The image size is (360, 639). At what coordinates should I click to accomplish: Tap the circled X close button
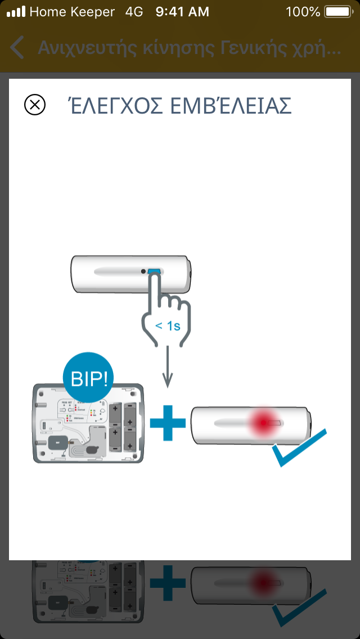[35, 105]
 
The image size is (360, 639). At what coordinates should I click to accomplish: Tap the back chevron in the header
[17, 48]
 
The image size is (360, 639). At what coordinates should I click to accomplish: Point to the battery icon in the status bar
[337, 11]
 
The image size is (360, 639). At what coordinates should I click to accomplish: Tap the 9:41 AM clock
[182, 11]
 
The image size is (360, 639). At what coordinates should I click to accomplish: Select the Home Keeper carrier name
[72, 11]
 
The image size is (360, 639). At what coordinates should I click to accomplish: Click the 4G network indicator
[134, 11]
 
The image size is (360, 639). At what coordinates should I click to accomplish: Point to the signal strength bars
[16, 11]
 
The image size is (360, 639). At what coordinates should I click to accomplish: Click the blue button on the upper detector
[154, 272]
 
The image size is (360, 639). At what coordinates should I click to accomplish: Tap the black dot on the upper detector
[144, 272]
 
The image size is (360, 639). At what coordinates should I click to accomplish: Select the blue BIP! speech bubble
[87, 376]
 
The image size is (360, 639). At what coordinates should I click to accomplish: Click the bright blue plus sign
[168, 422]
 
